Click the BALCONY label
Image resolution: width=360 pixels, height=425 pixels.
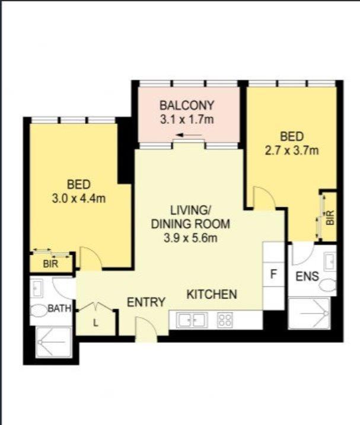pos(187,106)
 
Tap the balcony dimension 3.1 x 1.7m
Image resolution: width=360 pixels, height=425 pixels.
pos(187,120)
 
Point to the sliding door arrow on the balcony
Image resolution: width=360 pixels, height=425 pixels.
pos(189,135)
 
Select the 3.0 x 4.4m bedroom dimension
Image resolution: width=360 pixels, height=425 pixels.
pos(78,199)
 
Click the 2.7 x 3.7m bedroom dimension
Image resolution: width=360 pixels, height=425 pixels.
pos(292,151)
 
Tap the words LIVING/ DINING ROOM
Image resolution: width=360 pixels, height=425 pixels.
pos(190,217)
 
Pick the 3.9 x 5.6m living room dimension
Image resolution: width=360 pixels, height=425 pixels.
pos(190,238)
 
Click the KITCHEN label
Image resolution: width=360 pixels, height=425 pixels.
pos(212,295)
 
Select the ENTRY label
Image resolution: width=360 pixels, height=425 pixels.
pos(146,302)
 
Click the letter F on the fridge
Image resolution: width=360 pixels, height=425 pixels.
pos(273,274)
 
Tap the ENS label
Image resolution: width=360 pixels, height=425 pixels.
pos(307,276)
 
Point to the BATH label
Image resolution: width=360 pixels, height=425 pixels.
pos(59,308)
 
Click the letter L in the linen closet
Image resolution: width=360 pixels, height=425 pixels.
pos(95,323)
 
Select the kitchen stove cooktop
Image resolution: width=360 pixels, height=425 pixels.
pos(225,319)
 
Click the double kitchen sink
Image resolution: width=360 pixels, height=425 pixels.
pos(192,320)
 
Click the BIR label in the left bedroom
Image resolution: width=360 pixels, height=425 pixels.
pos(50,264)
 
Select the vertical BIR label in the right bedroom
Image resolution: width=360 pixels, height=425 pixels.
pos(330,218)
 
